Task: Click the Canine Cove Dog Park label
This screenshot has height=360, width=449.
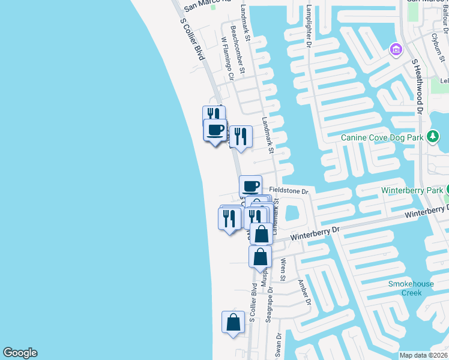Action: coord(383,137)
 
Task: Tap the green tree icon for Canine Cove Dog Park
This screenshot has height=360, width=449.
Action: coord(433,137)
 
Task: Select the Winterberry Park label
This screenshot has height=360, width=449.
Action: coord(411,191)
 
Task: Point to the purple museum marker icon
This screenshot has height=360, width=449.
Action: coord(395,48)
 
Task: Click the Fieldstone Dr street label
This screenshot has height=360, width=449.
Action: coord(288,191)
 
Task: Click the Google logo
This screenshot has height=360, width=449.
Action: coord(20,353)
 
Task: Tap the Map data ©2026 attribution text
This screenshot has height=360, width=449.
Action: coord(424,355)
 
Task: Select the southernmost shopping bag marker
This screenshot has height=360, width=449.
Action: coord(233,323)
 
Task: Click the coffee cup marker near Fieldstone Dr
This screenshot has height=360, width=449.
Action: coord(250,185)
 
